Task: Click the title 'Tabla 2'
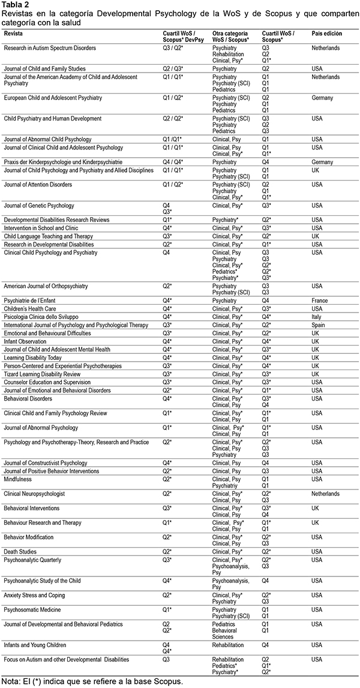pyautogui.click(x=16, y=4)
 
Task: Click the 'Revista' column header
pyautogui.click(x=14, y=32)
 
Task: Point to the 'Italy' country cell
pyautogui.click(x=318, y=316)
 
